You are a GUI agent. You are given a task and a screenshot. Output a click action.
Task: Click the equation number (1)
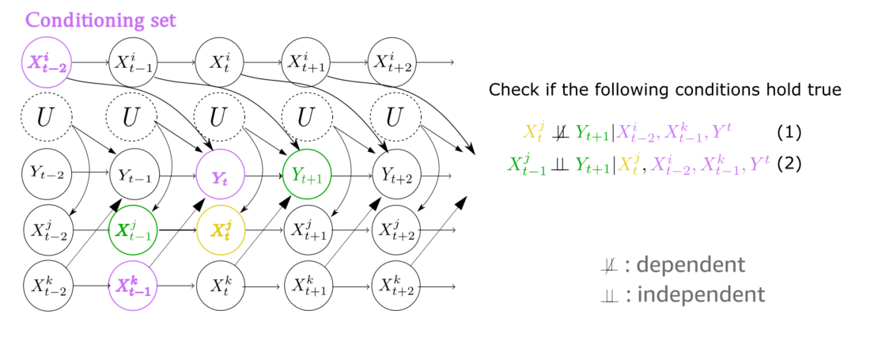[x=790, y=132]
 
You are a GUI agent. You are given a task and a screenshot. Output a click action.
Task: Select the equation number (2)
[x=790, y=165]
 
